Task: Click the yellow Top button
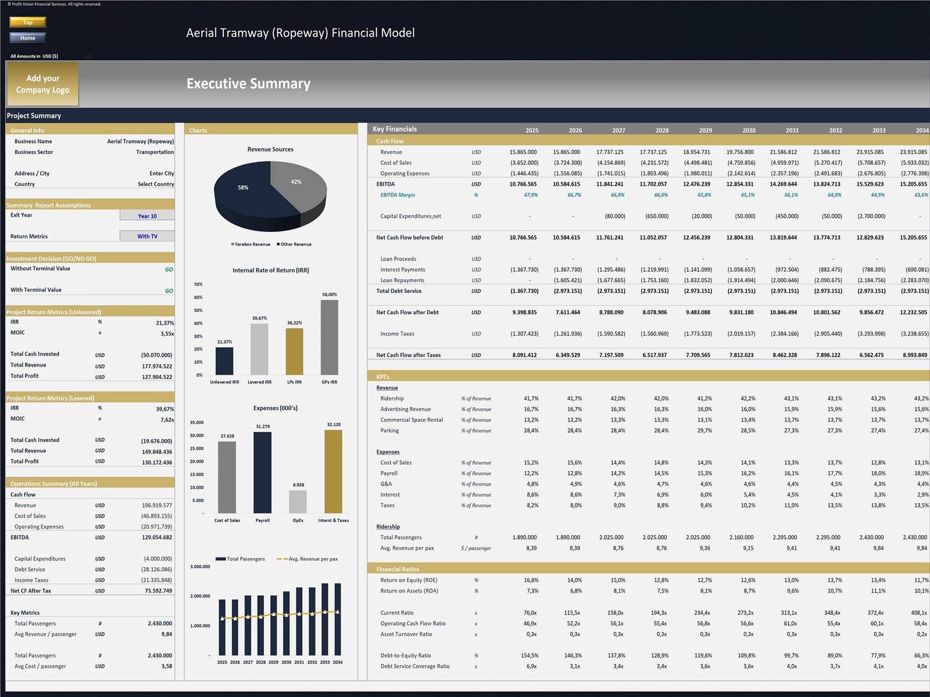[x=27, y=22]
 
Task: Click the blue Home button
[x=27, y=38]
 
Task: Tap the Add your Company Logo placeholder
[x=42, y=84]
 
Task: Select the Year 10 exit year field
[x=147, y=215]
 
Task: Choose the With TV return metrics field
[x=147, y=236]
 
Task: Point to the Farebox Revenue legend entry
[x=251, y=245]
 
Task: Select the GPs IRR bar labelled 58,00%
[x=329, y=337]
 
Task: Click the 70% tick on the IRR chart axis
[x=198, y=285]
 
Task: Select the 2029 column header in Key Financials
[x=705, y=131]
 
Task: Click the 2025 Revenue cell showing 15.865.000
[x=523, y=152]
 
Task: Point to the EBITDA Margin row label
[x=398, y=195]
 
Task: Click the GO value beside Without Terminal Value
[x=169, y=270]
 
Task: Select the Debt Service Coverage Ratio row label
[x=414, y=666]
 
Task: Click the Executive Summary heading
[x=248, y=84]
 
